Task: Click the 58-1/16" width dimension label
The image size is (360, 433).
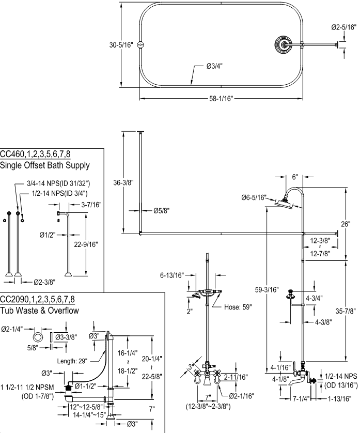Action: point(221,98)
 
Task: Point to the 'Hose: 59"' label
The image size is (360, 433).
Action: point(238,306)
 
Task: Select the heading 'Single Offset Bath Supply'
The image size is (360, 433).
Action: point(45,165)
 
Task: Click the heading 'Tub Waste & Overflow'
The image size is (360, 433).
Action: point(39,311)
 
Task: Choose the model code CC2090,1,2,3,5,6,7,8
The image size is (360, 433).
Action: point(37,299)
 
